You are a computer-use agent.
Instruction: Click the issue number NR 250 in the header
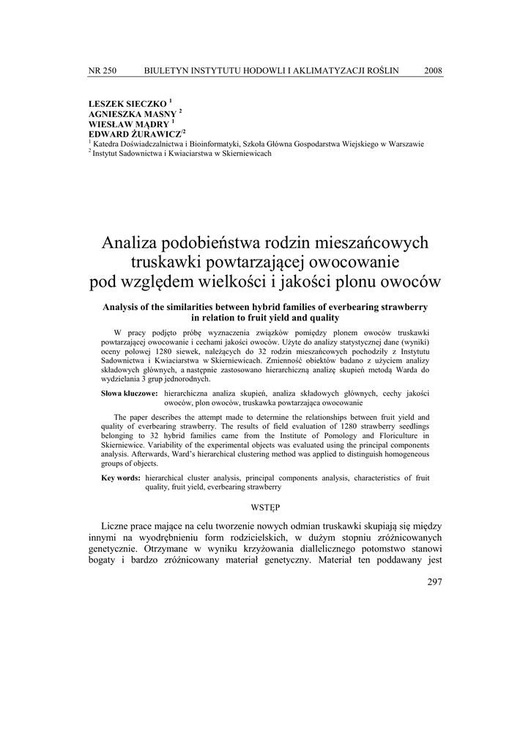pyautogui.click(x=102, y=70)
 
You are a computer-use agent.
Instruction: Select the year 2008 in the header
pyautogui.click(x=433, y=70)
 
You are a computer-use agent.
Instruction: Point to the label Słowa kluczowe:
pyautogui.click(x=130, y=394)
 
